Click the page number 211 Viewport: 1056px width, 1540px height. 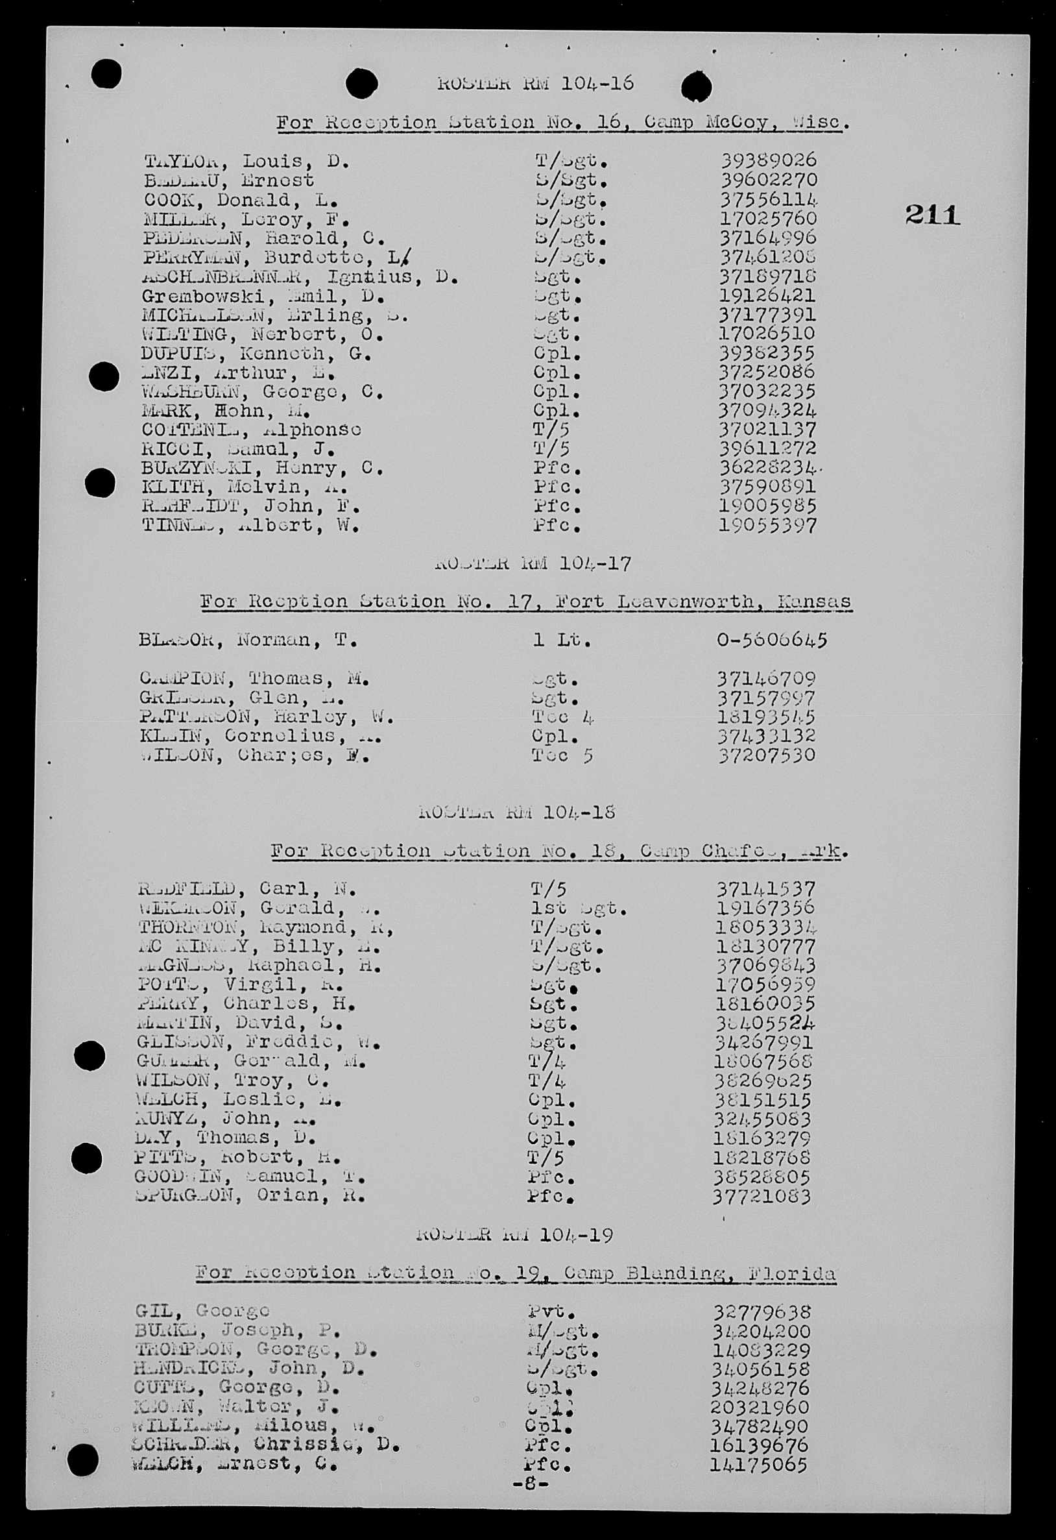932,215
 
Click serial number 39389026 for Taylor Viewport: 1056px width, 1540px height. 769,160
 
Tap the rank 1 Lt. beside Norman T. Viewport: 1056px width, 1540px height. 562,640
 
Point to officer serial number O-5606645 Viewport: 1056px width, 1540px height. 771,640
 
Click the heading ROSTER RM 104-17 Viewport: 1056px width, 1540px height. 533,564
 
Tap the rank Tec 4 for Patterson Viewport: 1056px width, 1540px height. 562,717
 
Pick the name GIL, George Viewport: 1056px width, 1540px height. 202,1311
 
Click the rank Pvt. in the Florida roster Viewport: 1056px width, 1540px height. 551,1311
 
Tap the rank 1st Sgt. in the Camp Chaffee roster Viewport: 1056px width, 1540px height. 579,908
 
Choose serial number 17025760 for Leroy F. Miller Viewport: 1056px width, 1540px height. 769,218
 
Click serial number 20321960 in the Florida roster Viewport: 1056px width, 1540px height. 760,1407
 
